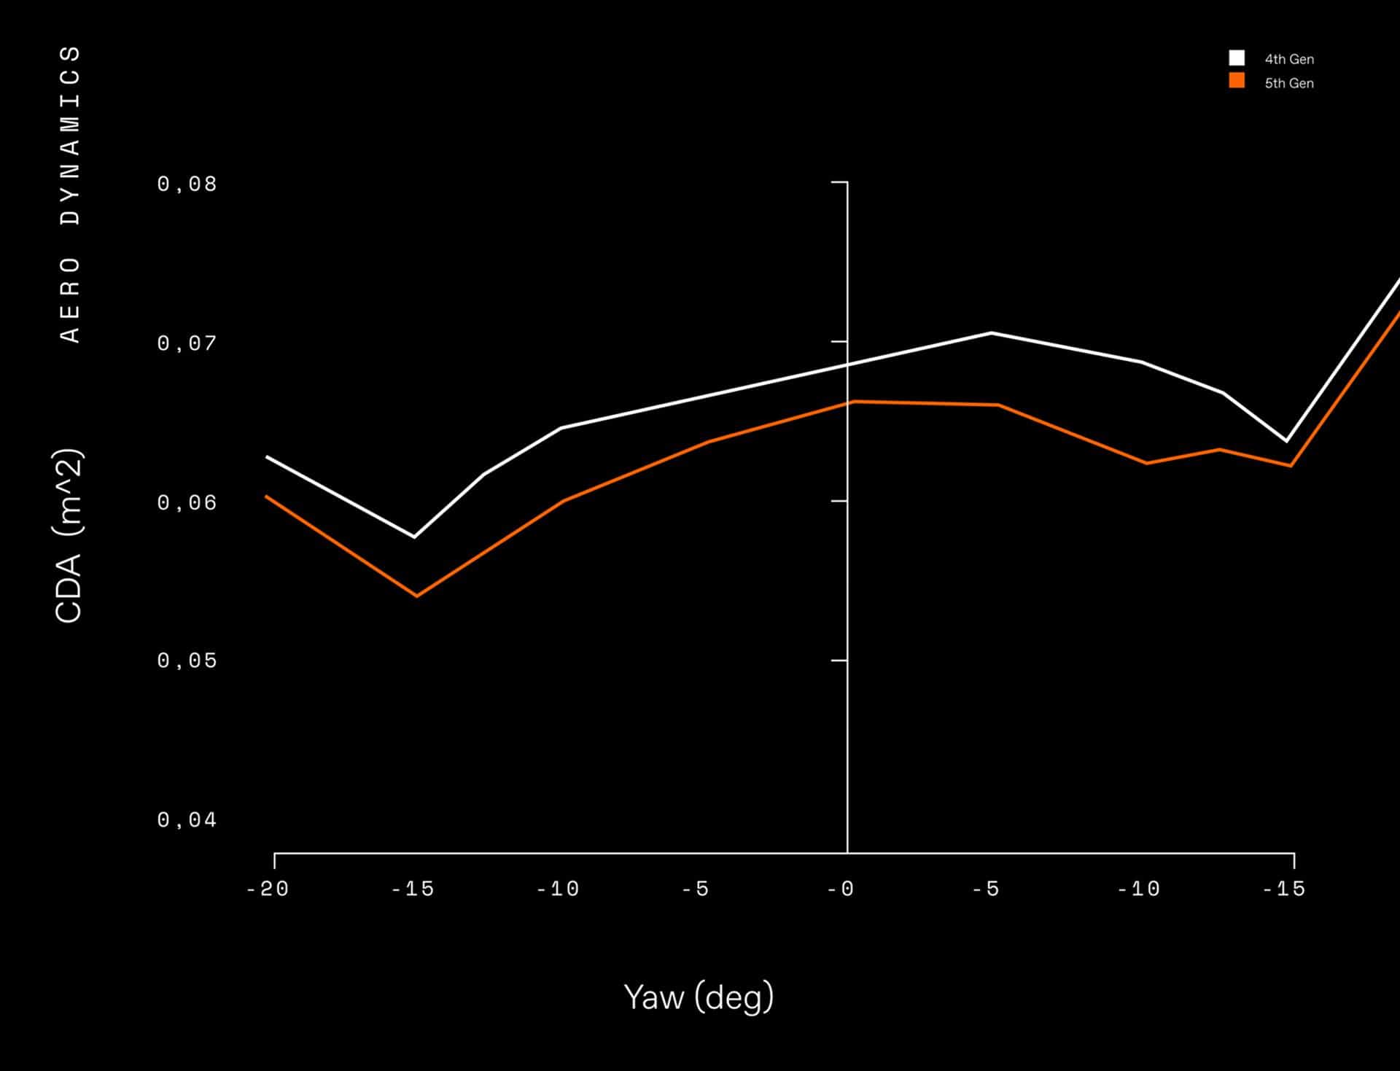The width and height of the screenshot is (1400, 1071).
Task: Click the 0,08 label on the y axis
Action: click(x=187, y=184)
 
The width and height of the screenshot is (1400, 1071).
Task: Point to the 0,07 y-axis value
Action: click(x=187, y=343)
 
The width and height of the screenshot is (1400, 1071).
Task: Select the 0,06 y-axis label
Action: click(x=187, y=502)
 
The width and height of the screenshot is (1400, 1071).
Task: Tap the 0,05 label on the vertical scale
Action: click(x=187, y=661)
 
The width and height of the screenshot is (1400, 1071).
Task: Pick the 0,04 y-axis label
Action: click(x=187, y=820)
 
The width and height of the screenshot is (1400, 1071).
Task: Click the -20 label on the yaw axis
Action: click(x=268, y=889)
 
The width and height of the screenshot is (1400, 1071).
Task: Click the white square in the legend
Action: click(x=1237, y=58)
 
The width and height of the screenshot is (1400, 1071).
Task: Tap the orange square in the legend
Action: click(x=1237, y=81)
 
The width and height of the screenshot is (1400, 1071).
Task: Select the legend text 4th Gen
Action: click(x=1289, y=59)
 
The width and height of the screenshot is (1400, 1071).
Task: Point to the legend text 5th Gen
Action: click(x=1289, y=83)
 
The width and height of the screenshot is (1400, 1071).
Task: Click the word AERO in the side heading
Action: click(x=70, y=299)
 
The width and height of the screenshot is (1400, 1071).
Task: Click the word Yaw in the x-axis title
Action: click(x=653, y=997)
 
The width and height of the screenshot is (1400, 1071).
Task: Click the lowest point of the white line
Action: click(x=414, y=537)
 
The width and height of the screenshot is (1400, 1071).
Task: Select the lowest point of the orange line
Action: click(x=416, y=596)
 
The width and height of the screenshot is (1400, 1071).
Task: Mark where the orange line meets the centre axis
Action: click(x=848, y=402)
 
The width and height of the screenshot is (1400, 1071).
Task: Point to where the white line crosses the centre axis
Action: click(x=848, y=365)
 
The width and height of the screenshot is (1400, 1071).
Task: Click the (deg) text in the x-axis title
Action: click(x=734, y=997)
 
